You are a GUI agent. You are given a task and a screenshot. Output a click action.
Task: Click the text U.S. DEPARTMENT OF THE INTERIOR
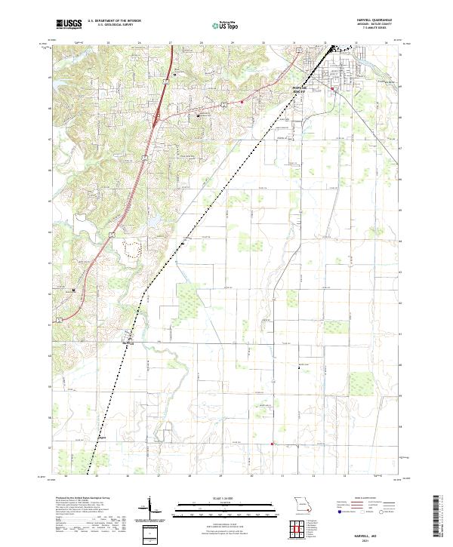pos(114,21)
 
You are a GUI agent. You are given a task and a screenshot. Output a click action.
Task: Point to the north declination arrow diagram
pos(151,507)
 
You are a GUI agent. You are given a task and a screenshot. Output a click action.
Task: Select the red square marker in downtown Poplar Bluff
pos(333,90)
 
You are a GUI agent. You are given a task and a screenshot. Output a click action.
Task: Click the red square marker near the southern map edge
pos(272,444)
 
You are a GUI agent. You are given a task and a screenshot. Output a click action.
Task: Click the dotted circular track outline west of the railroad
pos(135,250)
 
